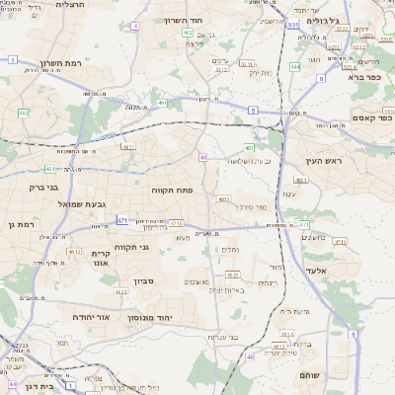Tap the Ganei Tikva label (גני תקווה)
(x=130, y=247)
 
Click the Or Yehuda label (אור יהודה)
(x=89, y=317)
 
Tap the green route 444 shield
(x=295, y=67)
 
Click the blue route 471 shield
(x=121, y=219)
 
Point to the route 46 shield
(x=250, y=356)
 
